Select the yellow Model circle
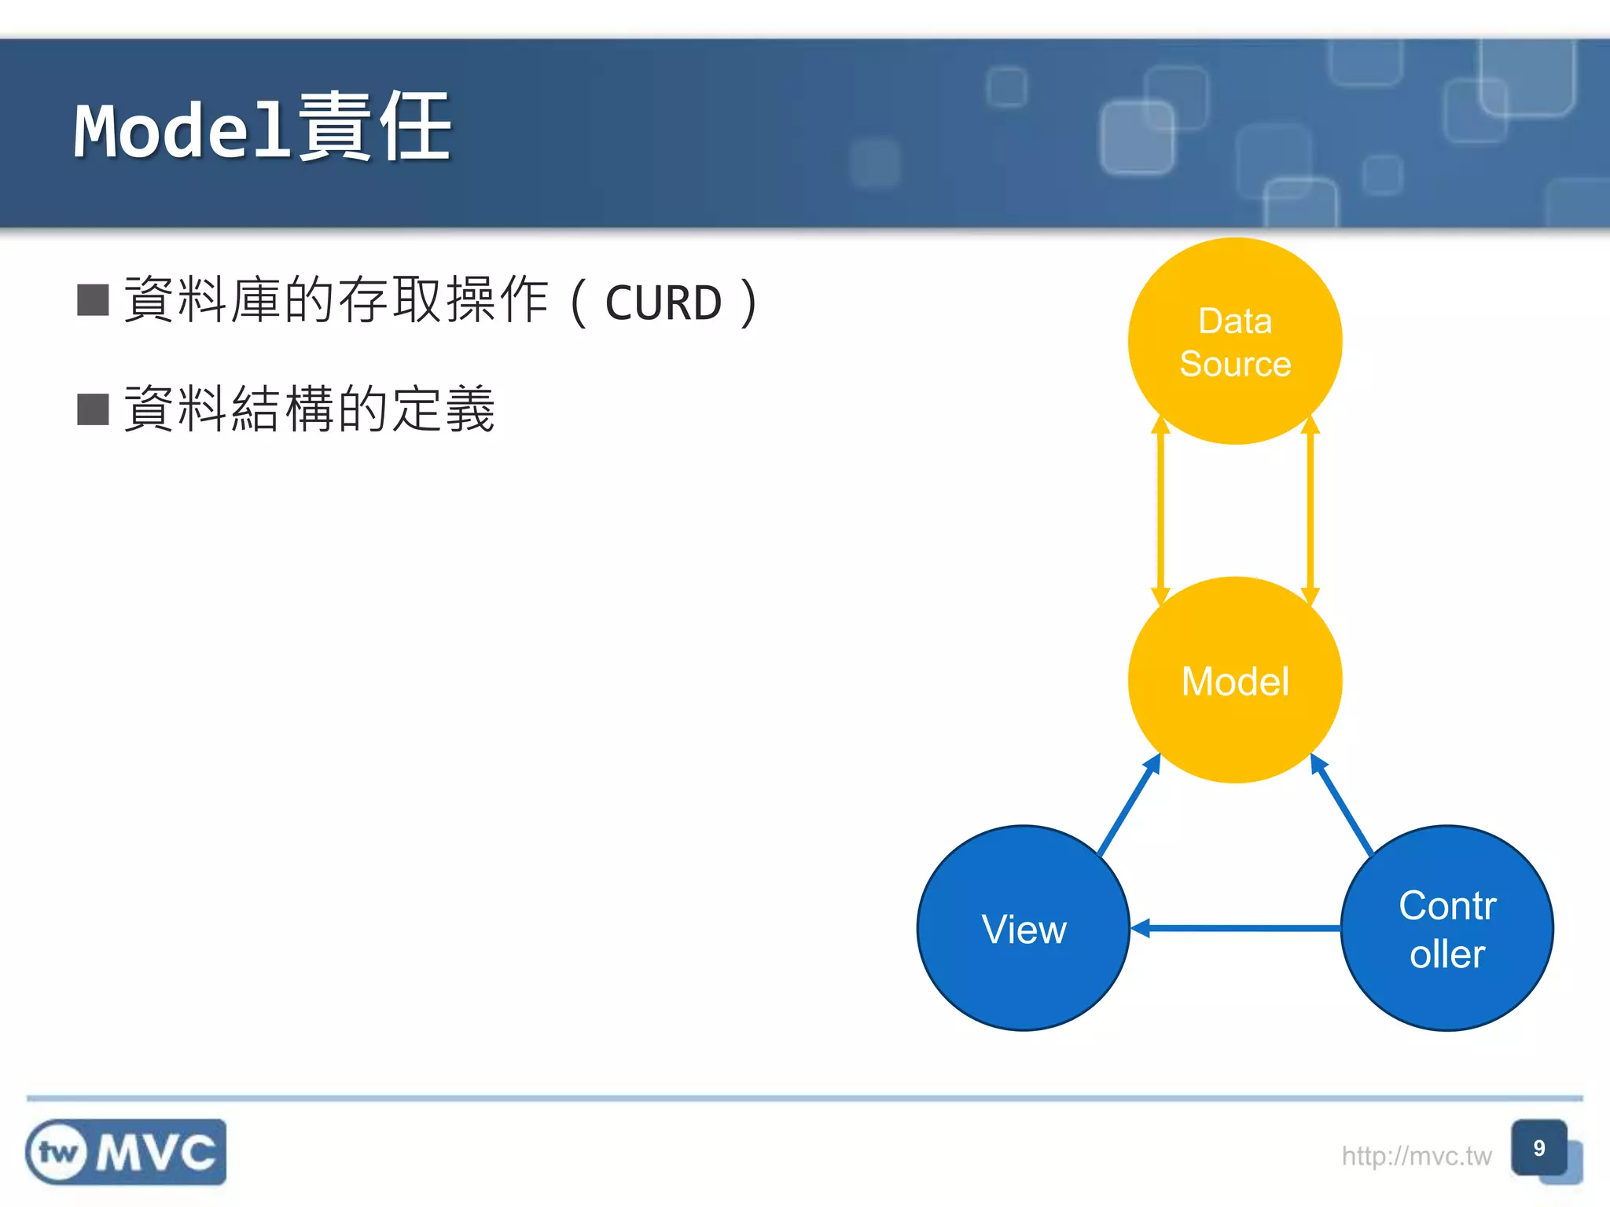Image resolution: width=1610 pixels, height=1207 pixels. (1234, 681)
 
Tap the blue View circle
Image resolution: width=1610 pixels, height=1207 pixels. (1024, 928)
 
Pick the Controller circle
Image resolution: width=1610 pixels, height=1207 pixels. (1446, 928)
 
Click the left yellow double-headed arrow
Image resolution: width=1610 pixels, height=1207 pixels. (1160, 511)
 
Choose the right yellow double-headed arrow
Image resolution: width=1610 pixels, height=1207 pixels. (1310, 511)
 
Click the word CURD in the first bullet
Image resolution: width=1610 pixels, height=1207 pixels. (663, 303)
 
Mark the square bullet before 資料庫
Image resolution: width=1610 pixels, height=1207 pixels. (93, 300)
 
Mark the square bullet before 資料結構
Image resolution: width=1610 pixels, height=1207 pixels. (93, 409)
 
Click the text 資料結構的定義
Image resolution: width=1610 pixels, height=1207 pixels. (310, 409)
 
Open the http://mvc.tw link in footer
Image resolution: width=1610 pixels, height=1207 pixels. (1416, 1156)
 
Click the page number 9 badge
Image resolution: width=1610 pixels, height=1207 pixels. (1538, 1148)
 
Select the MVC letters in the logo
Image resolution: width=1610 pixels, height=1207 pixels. (156, 1153)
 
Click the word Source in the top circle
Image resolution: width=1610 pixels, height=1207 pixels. (1235, 364)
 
